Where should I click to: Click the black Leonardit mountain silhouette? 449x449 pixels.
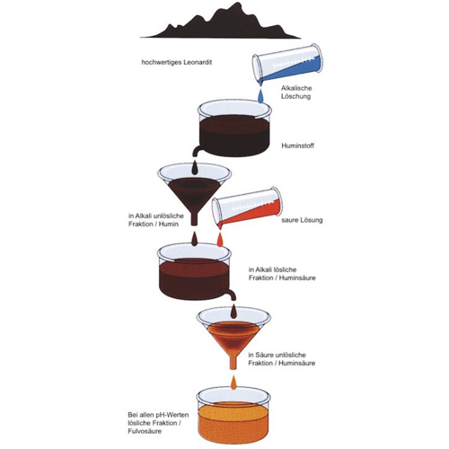[221, 25]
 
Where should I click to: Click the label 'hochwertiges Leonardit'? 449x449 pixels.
[177, 63]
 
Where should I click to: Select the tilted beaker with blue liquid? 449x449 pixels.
[286, 64]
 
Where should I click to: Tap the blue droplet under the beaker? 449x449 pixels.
[261, 95]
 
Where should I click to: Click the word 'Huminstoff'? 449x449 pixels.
[297, 145]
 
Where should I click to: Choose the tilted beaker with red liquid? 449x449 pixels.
[247, 207]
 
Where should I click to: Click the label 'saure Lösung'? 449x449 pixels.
[302, 220]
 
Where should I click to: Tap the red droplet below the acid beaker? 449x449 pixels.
[220, 239]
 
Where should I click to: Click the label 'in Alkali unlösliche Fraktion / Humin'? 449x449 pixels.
[156, 220]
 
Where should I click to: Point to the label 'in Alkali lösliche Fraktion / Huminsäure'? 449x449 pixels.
[282, 274]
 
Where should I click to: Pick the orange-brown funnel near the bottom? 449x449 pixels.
[233, 339]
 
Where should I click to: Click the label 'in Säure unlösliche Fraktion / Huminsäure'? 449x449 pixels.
[282, 359]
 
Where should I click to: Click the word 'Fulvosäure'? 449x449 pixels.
[145, 431]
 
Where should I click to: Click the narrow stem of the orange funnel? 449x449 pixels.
[233, 362]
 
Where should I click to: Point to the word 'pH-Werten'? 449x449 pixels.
[173, 415]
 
